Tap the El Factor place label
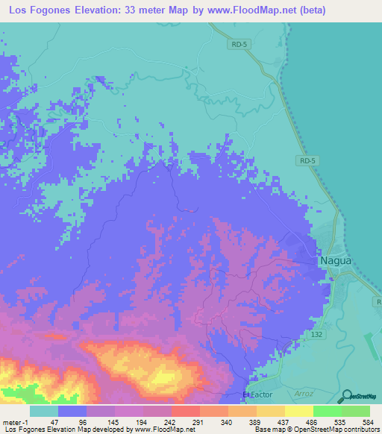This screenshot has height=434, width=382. coord(255,394)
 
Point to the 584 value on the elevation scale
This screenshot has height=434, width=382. coord(363,421)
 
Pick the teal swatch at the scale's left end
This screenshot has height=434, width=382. coord(43,411)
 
